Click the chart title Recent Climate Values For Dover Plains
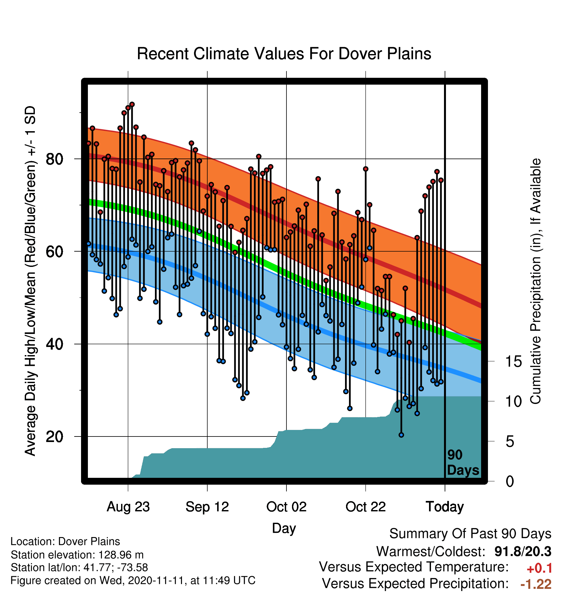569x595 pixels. point(284,54)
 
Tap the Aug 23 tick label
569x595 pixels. point(128,507)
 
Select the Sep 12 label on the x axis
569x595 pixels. point(207,507)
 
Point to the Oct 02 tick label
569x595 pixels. point(286,507)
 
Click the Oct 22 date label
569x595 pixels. point(366,507)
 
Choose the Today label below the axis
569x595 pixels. point(445,507)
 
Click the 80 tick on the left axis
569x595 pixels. point(54,159)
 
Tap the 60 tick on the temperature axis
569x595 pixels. point(54,252)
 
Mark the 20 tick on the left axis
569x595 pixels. point(54,436)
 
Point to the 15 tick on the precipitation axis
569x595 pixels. point(513,362)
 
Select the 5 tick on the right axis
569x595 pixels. point(510,442)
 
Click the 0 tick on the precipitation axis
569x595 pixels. point(510,481)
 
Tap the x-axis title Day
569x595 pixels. point(284,528)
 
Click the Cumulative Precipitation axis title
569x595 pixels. point(535,281)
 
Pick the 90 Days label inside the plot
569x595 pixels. point(463,463)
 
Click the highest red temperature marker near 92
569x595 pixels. point(132,104)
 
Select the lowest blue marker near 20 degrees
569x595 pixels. point(401,435)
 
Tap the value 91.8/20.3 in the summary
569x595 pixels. point(523,552)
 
